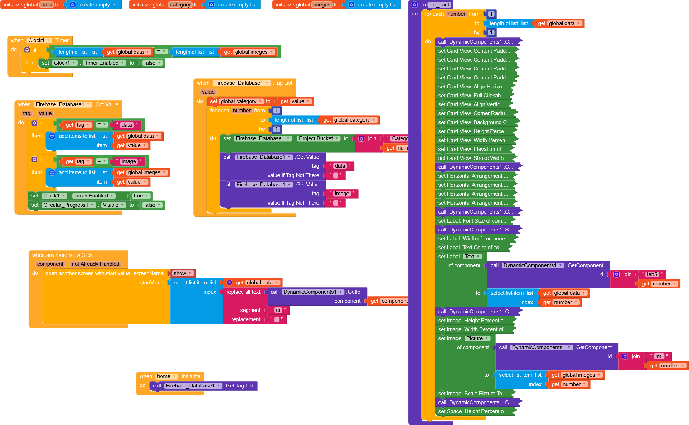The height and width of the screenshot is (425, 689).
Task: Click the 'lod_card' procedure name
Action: click(x=439, y=5)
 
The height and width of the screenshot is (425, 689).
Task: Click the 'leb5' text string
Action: click(x=652, y=274)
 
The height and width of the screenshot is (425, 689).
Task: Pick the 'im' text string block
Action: click(x=659, y=356)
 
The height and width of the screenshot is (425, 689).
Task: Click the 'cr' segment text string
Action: click(x=278, y=310)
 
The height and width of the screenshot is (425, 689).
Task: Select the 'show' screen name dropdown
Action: click(x=182, y=273)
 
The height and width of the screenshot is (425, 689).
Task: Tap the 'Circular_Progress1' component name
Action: click(x=68, y=205)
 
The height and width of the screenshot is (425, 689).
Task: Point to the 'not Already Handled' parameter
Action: click(x=95, y=264)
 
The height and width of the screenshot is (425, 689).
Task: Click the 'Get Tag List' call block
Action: click(x=239, y=386)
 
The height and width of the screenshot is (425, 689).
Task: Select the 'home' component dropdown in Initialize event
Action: click(x=166, y=376)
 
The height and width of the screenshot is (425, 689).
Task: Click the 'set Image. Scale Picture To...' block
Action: click(x=472, y=394)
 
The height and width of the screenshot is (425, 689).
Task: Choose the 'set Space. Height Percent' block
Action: click(x=473, y=411)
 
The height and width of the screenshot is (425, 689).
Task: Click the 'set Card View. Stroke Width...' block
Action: click(x=473, y=158)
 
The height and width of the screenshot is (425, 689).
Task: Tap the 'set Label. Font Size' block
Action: click(x=472, y=221)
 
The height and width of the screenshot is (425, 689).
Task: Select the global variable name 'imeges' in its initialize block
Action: click(x=322, y=5)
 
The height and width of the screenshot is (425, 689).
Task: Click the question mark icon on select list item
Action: click(x=229, y=283)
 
